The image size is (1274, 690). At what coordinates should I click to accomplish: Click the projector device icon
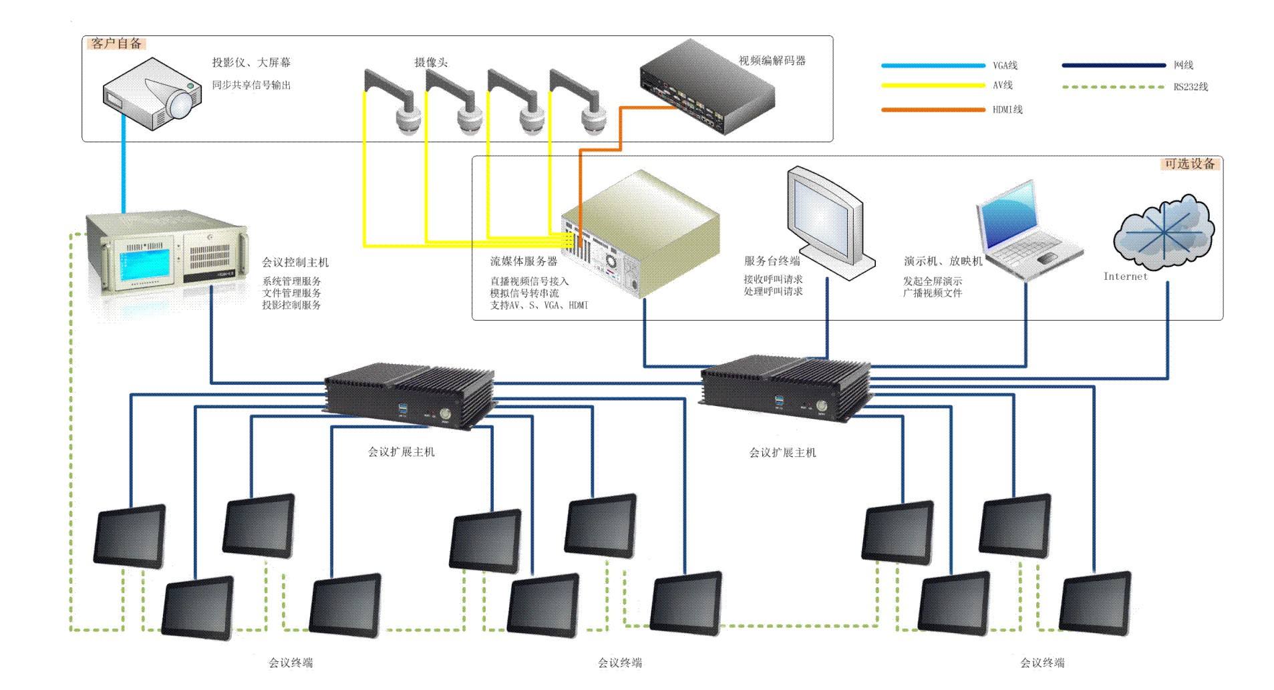click(152, 94)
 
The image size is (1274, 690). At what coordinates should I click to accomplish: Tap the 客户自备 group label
click(117, 43)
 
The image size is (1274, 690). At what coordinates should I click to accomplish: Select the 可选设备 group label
click(1190, 164)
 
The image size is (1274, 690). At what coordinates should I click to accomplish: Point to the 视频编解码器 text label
click(772, 61)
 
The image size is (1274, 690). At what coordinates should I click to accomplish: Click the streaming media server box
click(640, 233)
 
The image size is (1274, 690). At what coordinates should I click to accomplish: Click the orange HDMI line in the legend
click(933, 109)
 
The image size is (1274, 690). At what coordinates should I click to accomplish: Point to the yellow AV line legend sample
click(933, 85)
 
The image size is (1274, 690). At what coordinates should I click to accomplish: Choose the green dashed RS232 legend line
click(1114, 87)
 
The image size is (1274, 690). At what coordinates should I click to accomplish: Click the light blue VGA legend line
click(933, 65)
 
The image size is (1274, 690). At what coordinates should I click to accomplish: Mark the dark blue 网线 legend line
click(1114, 65)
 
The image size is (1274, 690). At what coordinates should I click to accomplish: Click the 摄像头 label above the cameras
click(431, 63)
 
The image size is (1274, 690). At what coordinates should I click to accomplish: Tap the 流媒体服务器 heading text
click(524, 261)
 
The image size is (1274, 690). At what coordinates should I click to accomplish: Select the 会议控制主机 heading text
click(295, 263)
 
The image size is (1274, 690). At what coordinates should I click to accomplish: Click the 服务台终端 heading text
click(772, 261)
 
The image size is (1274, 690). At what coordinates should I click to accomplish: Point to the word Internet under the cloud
click(1125, 277)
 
